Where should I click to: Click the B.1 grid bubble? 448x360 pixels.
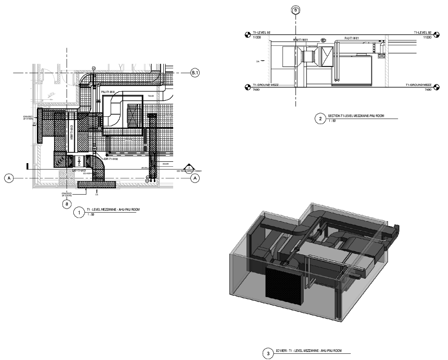click(x=195, y=72)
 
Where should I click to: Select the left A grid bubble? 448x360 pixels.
click(x=9, y=178)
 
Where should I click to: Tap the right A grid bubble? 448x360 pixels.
click(x=195, y=178)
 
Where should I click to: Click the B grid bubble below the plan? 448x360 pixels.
click(x=67, y=204)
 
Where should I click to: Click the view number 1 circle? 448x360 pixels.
click(x=79, y=213)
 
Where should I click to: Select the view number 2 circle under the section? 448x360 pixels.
click(x=320, y=119)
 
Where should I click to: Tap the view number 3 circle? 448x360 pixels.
click(x=269, y=353)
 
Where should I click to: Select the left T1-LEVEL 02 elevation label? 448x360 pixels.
click(x=261, y=33)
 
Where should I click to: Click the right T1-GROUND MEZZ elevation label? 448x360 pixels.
click(x=418, y=85)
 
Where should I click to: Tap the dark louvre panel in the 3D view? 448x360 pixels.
click(x=283, y=281)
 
